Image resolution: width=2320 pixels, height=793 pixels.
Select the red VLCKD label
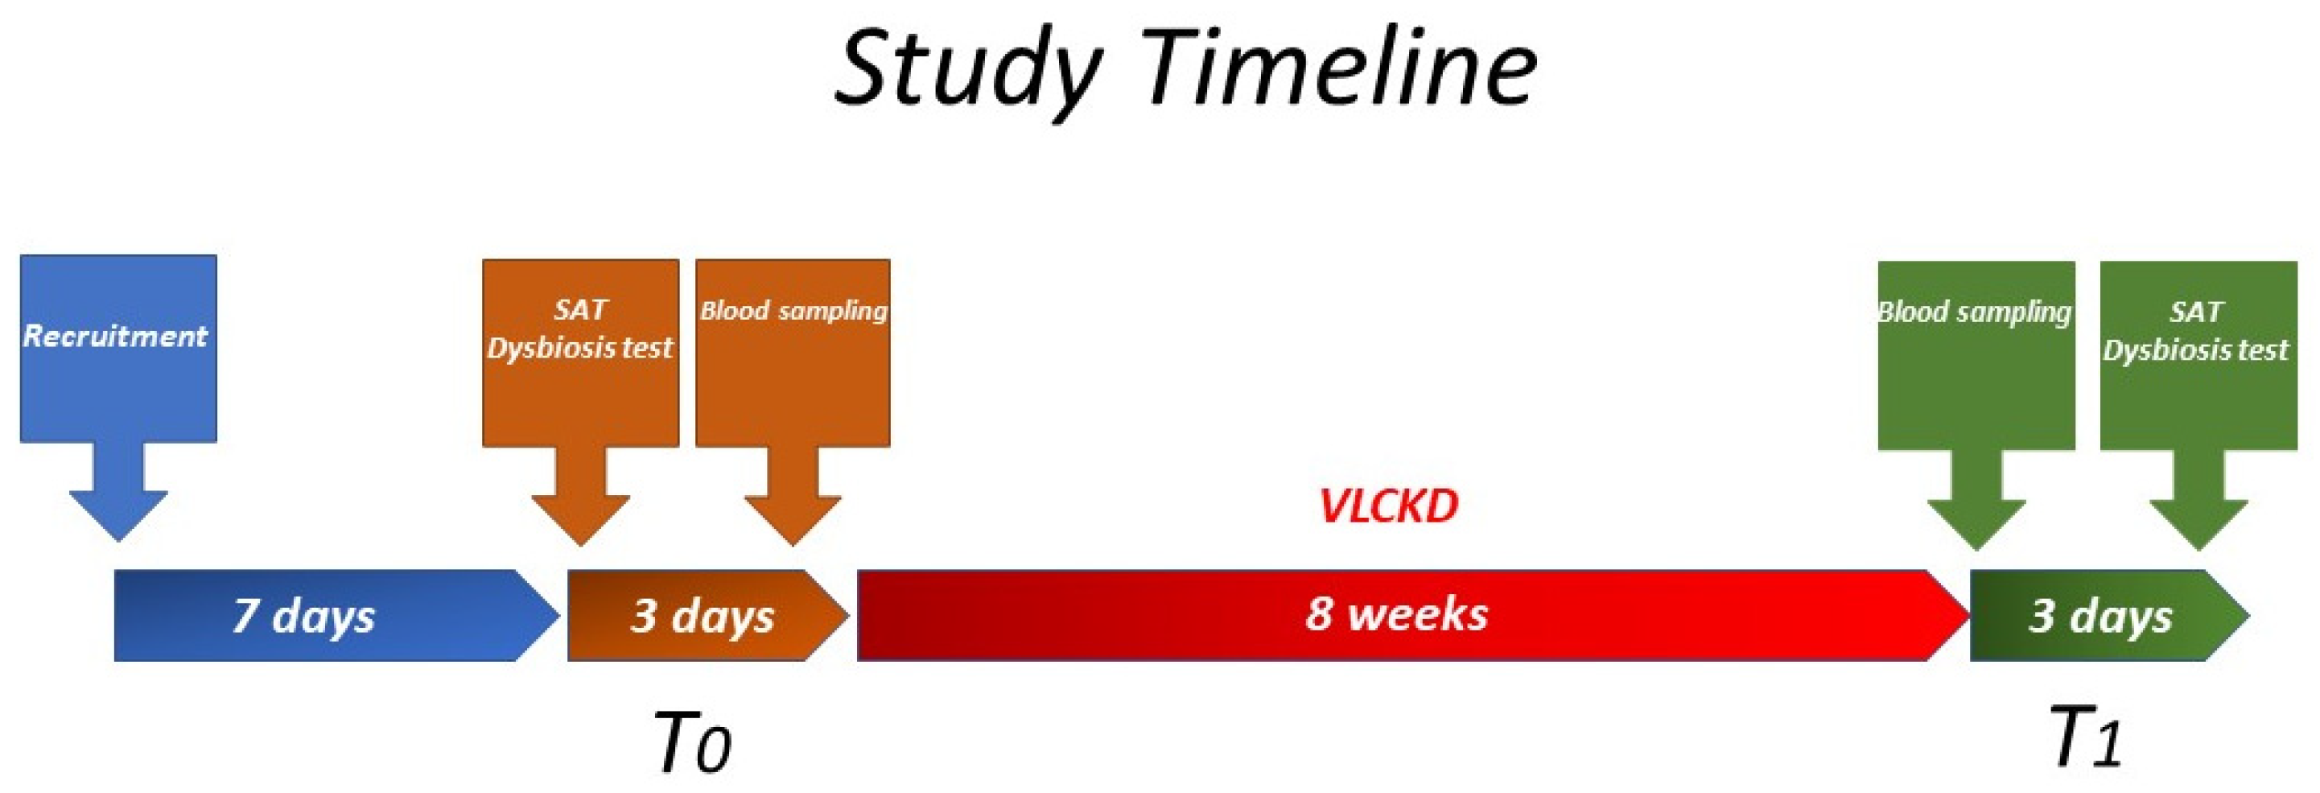click(x=1388, y=506)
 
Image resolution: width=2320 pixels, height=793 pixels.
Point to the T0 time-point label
click(x=692, y=741)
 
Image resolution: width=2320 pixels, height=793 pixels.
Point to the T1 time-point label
click(x=2086, y=737)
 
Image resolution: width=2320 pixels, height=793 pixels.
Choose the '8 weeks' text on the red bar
click(x=1396, y=613)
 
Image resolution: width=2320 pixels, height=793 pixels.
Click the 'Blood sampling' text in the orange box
click(x=793, y=311)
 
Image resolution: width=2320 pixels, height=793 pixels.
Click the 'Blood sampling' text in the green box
click(x=1974, y=312)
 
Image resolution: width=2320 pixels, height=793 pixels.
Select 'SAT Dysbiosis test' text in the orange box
click(x=580, y=329)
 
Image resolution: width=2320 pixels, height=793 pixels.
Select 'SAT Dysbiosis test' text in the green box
click(x=2196, y=331)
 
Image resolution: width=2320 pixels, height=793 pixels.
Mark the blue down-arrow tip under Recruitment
click(x=118, y=542)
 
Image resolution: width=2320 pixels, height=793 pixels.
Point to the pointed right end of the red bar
click(x=1969, y=615)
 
